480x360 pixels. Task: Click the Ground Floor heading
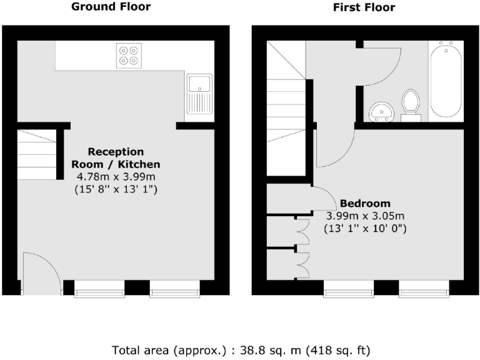[x=111, y=7]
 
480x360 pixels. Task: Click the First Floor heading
[x=364, y=7]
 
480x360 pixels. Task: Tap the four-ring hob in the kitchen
[x=129, y=56]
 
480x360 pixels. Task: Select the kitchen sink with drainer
[x=199, y=94]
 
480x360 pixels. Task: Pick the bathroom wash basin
[x=381, y=112]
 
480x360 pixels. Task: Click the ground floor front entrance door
[x=42, y=273]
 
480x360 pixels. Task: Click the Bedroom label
[x=365, y=203]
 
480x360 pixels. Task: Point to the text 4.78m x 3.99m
[x=116, y=177]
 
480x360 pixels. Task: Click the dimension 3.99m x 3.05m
[x=365, y=216]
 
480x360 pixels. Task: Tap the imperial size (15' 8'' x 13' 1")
[x=116, y=189]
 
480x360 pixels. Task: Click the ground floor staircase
[x=37, y=154]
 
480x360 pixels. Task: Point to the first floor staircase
[x=286, y=108]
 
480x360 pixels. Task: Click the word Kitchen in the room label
[x=139, y=164]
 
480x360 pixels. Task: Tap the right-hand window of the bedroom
[x=424, y=289]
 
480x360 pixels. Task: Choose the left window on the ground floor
[x=99, y=289]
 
